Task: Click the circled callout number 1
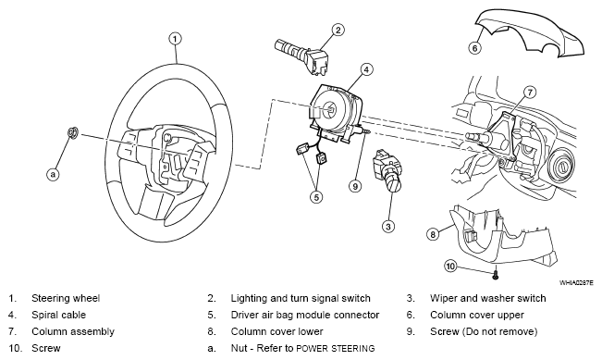(x=175, y=39)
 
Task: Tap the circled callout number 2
(x=338, y=30)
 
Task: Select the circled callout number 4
(x=366, y=69)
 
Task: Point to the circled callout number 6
(x=475, y=48)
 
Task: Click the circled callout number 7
(x=530, y=93)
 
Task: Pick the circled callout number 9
(x=355, y=186)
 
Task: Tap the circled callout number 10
(x=450, y=266)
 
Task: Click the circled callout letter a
(x=53, y=174)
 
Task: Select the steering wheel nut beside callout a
(x=73, y=132)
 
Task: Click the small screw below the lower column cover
(x=495, y=274)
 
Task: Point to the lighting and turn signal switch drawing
(x=301, y=56)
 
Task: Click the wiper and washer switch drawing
(x=387, y=169)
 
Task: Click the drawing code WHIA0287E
(x=576, y=283)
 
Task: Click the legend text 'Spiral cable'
(x=59, y=315)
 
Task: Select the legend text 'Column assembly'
(x=73, y=331)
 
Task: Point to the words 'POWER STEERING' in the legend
(x=336, y=349)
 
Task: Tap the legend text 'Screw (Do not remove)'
(x=484, y=331)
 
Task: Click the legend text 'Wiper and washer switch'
(x=488, y=299)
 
